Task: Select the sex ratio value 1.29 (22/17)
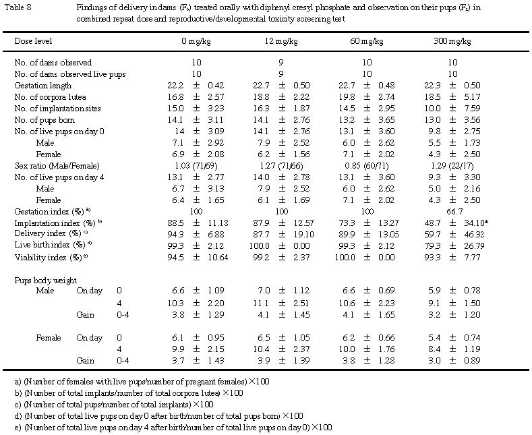click(452, 165)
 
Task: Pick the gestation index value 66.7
click(452, 211)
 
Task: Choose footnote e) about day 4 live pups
click(174, 428)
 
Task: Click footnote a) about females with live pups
click(142, 382)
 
